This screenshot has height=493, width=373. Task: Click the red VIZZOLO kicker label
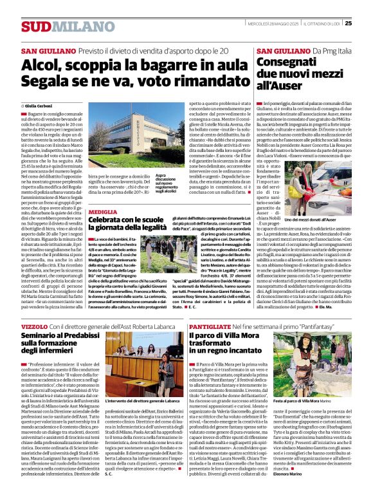34,327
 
